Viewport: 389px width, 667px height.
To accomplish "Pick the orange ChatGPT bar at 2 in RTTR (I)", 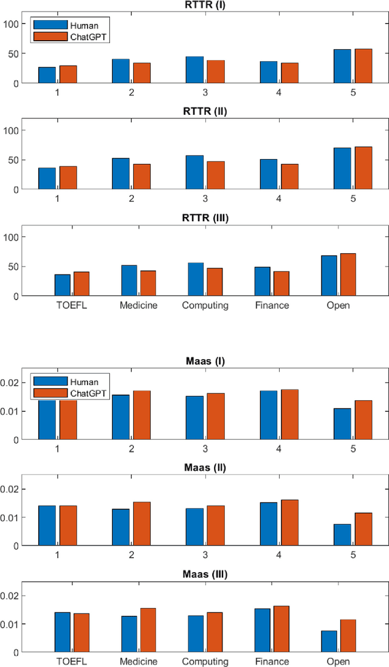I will click(x=142, y=73).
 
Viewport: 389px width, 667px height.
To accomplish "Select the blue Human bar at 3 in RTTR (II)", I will click(x=194, y=173).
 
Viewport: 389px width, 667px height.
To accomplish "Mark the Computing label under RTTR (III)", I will click(x=205, y=305).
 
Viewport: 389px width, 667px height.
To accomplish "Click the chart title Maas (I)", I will click(x=205, y=362).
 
